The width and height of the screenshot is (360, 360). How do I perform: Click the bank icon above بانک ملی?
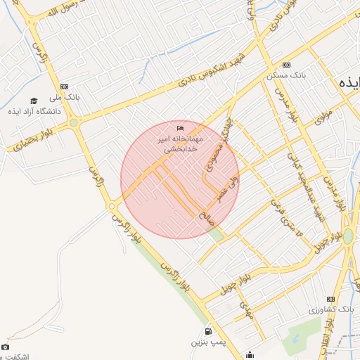(x=65, y=86)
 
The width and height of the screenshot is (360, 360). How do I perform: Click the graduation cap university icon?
(x=34, y=101)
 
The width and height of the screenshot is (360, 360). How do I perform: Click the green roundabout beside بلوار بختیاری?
(x=73, y=123)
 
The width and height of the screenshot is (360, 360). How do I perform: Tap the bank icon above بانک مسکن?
(x=286, y=65)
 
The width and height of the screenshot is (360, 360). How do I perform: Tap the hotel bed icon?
(x=180, y=128)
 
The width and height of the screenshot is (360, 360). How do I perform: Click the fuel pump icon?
(x=207, y=331)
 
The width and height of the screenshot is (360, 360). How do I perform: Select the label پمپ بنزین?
(x=208, y=342)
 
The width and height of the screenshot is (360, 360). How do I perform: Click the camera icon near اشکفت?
(x=6, y=347)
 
